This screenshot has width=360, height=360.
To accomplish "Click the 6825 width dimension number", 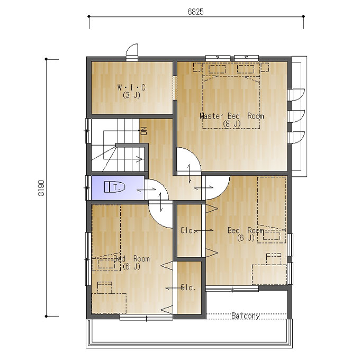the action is point(195,12).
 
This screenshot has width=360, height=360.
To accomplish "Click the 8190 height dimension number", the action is point(41,188).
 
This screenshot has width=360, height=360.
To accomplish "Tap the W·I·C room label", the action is point(131,87).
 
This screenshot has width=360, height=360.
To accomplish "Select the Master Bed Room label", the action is point(232,116).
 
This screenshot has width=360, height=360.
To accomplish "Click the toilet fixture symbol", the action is point(114,187).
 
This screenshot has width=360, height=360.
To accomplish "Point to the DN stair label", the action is point(144,131).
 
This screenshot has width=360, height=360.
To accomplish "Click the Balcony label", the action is point(246,316).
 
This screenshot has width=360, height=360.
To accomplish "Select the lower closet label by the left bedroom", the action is point(188,287).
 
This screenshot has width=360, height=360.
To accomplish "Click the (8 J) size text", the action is point(232,124).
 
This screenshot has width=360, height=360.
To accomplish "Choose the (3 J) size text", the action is point(131,95).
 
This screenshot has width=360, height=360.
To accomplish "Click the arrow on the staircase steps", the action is point(139,159).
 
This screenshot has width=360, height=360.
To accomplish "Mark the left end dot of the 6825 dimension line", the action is point(89,16).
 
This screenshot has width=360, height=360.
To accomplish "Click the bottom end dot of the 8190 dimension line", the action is point(47,316).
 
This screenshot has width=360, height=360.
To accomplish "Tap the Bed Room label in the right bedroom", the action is point(246,230).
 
